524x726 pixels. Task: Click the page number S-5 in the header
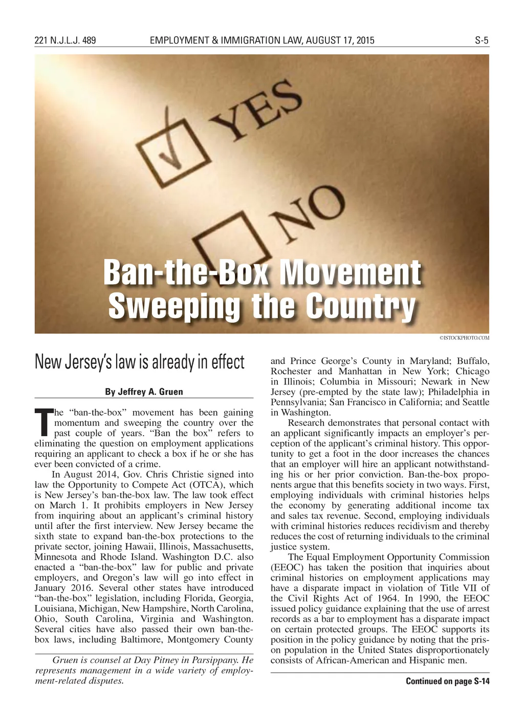tap(482, 40)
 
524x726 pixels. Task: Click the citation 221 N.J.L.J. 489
tap(65, 40)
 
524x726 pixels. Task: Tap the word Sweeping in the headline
tap(174, 306)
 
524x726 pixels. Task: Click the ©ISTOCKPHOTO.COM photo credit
tap(464, 338)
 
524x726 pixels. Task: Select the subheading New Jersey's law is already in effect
tap(140, 362)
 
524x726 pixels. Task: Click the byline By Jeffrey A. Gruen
tap(144, 392)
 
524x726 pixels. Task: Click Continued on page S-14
tap(447, 681)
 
